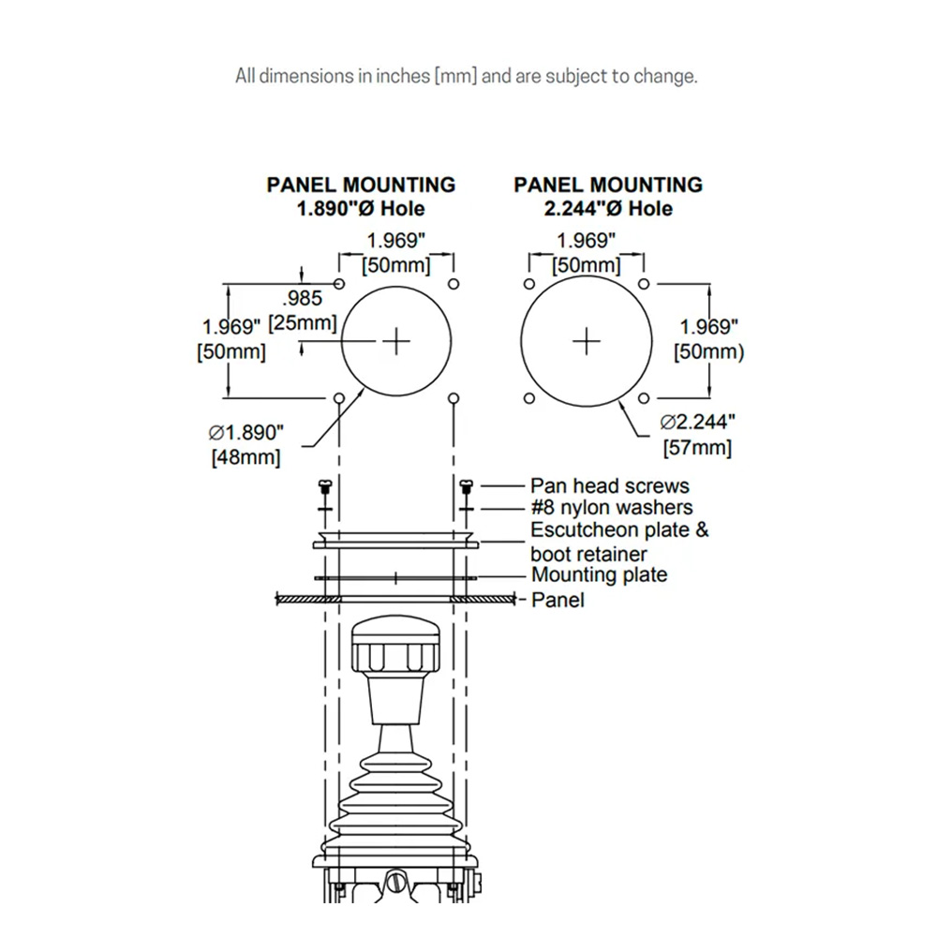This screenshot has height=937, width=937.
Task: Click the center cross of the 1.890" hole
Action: (397, 341)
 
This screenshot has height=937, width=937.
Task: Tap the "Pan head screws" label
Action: (609, 485)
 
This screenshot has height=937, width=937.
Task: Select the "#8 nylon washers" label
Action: (612, 508)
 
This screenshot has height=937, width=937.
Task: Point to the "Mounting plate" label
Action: (599, 574)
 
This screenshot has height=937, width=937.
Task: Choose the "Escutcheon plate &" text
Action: (619, 530)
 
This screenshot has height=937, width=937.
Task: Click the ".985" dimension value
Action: (302, 300)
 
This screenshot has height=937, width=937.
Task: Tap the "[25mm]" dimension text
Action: (302, 323)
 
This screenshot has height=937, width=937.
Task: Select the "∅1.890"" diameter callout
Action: (245, 433)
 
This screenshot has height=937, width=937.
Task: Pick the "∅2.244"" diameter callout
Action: (698, 423)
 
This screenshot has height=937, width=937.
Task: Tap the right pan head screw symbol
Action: (468, 485)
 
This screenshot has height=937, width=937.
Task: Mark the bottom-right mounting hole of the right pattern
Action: (644, 399)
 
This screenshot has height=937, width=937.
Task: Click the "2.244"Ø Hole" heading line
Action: (608, 209)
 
